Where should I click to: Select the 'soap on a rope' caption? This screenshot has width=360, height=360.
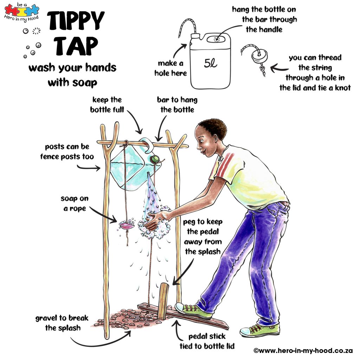point(74,204)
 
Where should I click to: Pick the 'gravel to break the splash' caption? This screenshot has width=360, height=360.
point(62,323)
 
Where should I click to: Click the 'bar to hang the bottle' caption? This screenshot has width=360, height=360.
point(177,104)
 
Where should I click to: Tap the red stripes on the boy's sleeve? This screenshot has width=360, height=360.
point(223,165)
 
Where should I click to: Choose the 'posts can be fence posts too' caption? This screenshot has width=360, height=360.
point(67,151)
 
